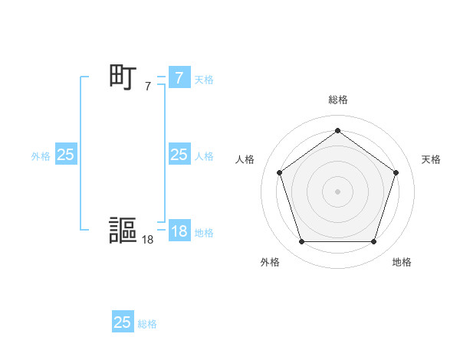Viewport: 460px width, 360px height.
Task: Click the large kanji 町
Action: click(x=123, y=77)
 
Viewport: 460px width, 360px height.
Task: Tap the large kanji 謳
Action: click(x=123, y=230)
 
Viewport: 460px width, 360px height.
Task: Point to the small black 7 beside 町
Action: click(x=148, y=87)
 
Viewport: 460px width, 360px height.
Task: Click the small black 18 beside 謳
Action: click(x=147, y=240)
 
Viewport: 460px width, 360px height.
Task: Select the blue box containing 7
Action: click(x=179, y=78)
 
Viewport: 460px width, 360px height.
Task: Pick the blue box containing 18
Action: click(x=179, y=231)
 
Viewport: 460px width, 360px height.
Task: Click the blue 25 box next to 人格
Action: click(x=179, y=155)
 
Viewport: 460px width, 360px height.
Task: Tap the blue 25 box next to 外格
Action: click(x=65, y=155)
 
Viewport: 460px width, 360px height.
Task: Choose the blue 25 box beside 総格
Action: click(x=122, y=322)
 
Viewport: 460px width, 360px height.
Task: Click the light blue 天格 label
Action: click(x=204, y=80)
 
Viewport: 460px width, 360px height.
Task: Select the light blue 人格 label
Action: click(x=204, y=156)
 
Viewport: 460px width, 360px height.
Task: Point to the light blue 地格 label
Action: click(x=204, y=233)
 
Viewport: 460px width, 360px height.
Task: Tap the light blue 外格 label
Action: click(x=41, y=156)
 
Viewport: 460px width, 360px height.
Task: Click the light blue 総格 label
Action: click(x=147, y=324)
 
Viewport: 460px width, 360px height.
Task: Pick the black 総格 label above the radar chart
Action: click(x=338, y=100)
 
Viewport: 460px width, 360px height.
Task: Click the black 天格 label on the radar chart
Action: click(x=431, y=159)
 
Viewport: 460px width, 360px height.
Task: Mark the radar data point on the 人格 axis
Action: click(x=279, y=172)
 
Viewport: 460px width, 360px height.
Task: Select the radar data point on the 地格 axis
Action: click(x=373, y=242)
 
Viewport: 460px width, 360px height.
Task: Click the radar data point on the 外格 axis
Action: click(x=301, y=242)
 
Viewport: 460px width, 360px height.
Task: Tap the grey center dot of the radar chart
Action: click(x=337, y=191)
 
